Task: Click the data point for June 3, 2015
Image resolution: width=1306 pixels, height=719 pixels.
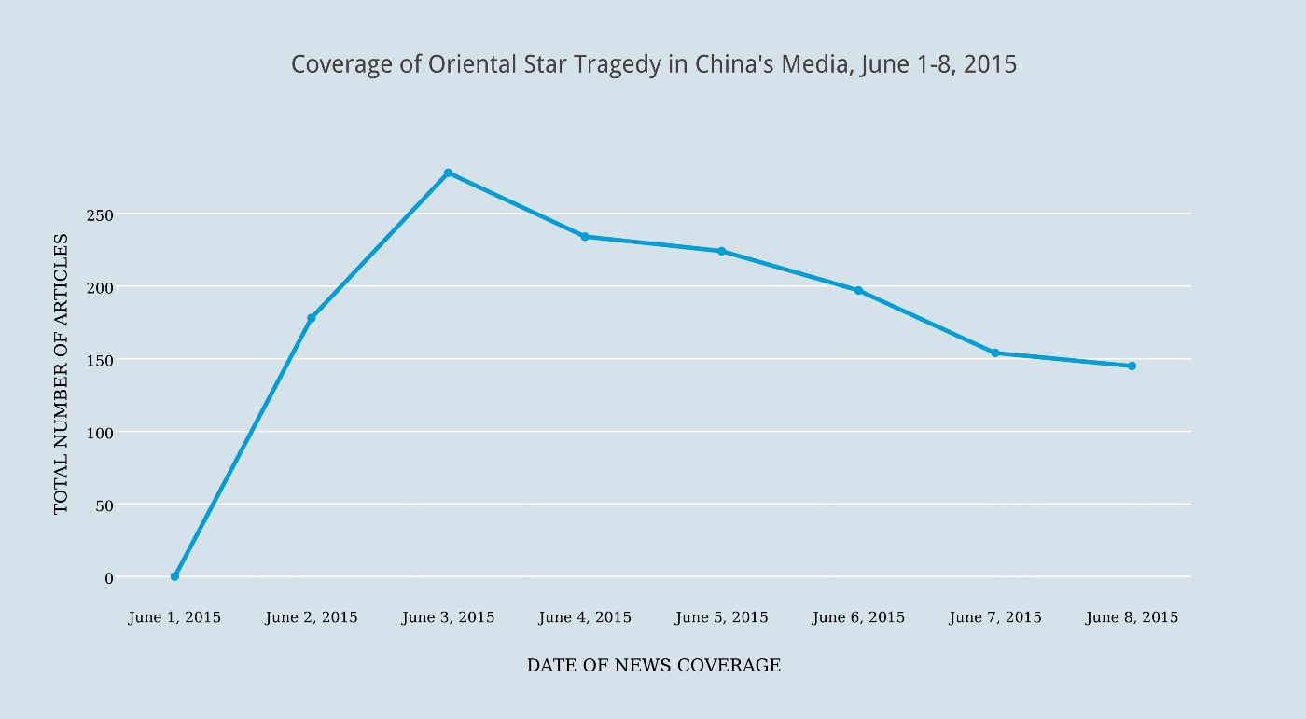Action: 448,173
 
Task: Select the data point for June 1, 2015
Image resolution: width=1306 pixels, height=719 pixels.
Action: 174,576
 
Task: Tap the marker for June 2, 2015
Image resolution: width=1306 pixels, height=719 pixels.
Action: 312,318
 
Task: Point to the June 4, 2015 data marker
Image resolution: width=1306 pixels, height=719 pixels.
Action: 585,237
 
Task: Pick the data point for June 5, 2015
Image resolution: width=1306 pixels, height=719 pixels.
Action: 722,251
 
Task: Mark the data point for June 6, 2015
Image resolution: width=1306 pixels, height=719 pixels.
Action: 858,291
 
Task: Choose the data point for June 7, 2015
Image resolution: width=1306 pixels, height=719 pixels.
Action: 995,353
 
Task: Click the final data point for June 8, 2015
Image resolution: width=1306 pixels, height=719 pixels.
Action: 1132,366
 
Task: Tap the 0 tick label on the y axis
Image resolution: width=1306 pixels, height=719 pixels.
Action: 109,578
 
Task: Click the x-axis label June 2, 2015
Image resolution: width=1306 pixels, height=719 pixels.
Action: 312,617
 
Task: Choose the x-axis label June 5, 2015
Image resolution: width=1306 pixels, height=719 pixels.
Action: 722,617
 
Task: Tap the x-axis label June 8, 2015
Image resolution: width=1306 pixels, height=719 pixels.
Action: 1132,617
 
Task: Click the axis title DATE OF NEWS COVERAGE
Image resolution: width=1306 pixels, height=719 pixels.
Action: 653,666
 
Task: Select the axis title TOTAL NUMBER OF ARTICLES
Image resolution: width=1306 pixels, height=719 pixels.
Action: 61,373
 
